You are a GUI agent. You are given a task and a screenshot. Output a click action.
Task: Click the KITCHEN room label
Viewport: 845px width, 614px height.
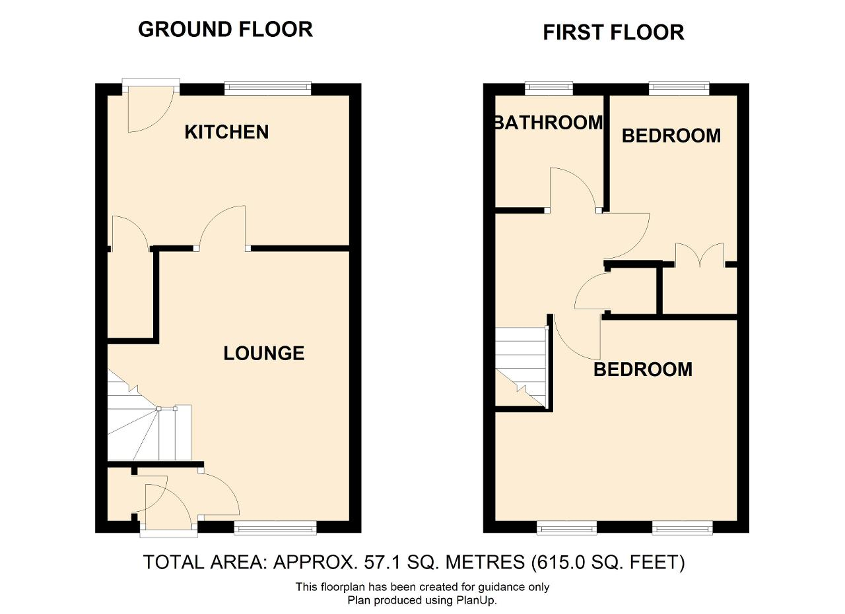point(226,132)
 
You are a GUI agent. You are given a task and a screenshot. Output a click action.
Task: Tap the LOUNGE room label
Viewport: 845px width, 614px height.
point(264,353)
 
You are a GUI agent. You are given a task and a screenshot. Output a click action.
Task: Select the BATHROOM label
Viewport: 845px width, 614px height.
point(549,123)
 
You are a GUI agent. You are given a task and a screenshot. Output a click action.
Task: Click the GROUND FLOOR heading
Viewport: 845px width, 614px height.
point(226,30)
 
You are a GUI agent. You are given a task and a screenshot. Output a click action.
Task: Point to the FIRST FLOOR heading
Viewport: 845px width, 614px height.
point(613,32)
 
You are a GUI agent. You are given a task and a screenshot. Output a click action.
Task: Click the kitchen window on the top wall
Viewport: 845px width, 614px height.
point(268,88)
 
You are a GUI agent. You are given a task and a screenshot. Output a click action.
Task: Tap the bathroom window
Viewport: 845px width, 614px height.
point(549,88)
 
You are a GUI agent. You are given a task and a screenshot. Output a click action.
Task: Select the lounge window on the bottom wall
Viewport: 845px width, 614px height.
point(275,528)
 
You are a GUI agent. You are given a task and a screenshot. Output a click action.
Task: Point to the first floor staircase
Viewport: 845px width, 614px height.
point(521,368)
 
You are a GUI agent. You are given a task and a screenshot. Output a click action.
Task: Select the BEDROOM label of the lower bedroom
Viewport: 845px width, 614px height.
point(643,369)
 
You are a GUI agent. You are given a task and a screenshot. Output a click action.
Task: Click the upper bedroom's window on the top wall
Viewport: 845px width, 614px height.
point(679,88)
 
